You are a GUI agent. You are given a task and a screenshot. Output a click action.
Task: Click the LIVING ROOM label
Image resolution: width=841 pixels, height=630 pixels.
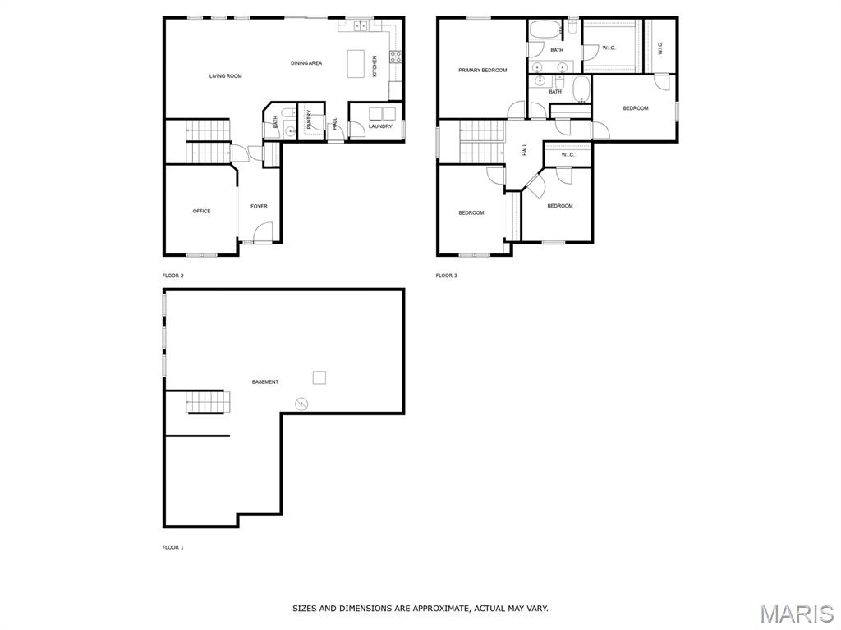click(x=225, y=76)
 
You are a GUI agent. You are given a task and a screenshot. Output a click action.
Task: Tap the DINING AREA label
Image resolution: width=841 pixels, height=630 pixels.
click(x=306, y=63)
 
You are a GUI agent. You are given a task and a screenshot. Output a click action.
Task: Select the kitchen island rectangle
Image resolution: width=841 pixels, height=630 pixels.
click(x=356, y=64)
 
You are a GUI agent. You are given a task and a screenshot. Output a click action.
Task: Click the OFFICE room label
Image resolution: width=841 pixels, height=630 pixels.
click(x=202, y=211)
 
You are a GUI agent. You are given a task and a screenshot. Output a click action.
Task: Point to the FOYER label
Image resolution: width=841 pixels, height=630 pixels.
click(x=259, y=206)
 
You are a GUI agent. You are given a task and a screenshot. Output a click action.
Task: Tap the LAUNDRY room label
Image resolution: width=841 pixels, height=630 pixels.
click(x=380, y=126)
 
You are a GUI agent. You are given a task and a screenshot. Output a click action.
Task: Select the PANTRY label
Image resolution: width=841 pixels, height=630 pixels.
click(x=310, y=120)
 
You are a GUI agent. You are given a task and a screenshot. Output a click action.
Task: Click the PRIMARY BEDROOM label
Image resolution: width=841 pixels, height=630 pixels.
click(x=483, y=71)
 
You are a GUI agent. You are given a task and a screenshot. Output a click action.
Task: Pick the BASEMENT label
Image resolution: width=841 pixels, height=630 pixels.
click(x=265, y=382)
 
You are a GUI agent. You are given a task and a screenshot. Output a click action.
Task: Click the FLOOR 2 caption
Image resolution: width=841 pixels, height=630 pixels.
click(x=172, y=276)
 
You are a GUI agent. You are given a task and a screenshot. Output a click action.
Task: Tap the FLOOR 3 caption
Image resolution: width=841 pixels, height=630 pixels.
click(x=446, y=276)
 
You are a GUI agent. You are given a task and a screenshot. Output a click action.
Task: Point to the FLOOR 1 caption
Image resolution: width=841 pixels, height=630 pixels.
click(x=172, y=547)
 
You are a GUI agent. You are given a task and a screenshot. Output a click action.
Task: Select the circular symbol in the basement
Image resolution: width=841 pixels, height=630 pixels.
click(x=302, y=404)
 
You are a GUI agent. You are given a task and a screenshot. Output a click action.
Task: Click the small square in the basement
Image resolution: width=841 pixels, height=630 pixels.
click(x=319, y=377)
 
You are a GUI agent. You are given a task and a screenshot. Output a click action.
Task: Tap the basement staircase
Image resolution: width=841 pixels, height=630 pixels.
click(x=208, y=402)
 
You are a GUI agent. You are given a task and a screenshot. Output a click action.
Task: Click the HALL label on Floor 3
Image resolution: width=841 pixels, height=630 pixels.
click(x=525, y=149)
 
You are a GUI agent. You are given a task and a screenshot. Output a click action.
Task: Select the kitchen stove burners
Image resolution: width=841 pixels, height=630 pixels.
click(x=396, y=57)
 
